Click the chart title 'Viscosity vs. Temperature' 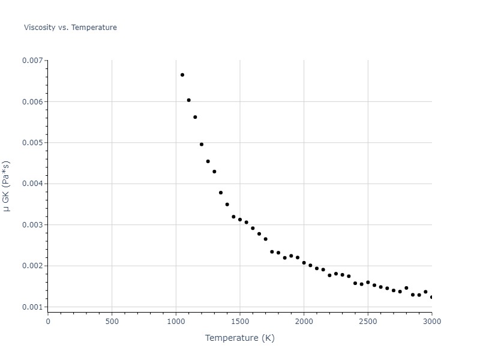pos(70,28)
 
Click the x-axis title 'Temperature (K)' pos(239,338)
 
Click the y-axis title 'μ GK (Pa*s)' pos(7,186)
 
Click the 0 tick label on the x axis pos(48,322)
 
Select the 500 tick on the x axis pos(112,322)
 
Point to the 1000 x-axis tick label pos(176,322)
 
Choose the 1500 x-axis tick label pos(240,322)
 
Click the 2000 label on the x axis pos(304,322)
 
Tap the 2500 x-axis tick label pos(368,322)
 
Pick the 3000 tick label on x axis pos(431,322)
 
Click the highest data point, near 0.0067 pos(182,75)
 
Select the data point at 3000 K pos(431,297)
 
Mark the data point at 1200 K pos(202,145)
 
